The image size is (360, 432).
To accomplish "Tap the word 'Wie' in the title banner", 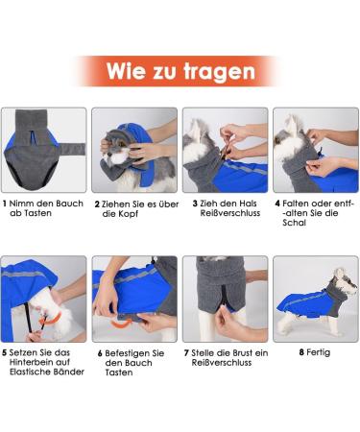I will click(x=127, y=71).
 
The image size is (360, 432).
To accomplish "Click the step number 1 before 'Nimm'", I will click(x=5, y=204).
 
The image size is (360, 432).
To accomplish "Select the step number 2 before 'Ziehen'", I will click(x=97, y=204).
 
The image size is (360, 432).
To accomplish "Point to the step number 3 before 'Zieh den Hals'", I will click(x=195, y=204).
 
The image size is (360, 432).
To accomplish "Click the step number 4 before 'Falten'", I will click(x=277, y=204).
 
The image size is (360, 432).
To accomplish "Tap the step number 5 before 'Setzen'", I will click(x=5, y=352).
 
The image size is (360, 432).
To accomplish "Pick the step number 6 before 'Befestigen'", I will click(x=100, y=352).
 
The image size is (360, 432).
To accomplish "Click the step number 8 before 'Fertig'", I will click(x=301, y=352).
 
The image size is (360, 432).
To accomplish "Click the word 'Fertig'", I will click(x=321, y=352).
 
